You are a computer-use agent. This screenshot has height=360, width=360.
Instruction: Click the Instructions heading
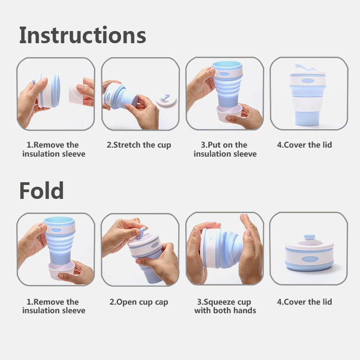point(83,35)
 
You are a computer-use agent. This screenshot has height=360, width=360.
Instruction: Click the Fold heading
point(41,190)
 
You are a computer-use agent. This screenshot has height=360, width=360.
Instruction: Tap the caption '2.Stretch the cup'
point(139,145)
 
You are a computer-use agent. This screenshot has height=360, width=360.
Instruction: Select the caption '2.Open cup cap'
point(139,302)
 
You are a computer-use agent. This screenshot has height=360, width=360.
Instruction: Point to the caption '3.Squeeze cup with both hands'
point(225,306)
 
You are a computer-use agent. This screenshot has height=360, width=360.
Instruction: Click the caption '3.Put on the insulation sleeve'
point(225,149)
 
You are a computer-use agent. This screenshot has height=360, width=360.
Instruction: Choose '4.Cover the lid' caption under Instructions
point(305,145)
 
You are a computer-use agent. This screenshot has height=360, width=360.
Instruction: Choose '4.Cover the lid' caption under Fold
point(305,302)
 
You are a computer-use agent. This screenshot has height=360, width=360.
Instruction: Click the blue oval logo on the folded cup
point(310,259)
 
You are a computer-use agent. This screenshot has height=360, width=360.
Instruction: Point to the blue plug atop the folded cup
point(309,237)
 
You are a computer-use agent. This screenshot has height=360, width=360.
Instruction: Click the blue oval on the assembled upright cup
point(308,81)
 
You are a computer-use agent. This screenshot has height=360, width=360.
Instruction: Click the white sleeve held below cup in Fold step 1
point(62,270)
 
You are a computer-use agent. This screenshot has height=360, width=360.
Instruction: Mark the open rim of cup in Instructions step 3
point(227,64)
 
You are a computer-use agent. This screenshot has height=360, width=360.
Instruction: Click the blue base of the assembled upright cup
point(307,118)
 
